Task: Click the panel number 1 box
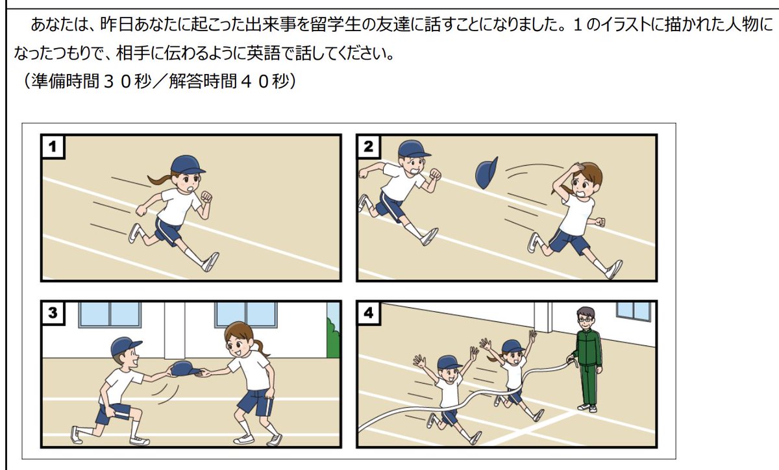tap(53, 147)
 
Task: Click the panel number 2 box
tap(369, 147)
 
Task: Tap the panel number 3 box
tap(53, 312)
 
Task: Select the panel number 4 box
tap(369, 312)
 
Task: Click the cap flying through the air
tap(486, 173)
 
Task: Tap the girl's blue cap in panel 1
tap(187, 164)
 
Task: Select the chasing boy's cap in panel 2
tap(414, 149)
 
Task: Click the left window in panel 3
tap(110, 314)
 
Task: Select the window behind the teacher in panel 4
tap(634, 311)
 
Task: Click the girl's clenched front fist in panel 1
tap(206, 197)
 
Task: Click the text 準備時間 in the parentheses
tap(66, 81)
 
